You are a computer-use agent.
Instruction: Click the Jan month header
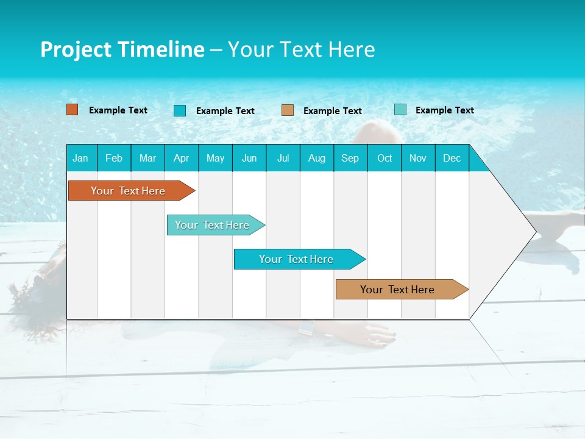pos(80,158)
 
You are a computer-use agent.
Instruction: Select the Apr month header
pos(181,158)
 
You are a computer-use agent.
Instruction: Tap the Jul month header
pos(283,158)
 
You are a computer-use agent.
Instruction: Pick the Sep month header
pos(350,158)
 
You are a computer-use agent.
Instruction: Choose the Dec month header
pos(452,158)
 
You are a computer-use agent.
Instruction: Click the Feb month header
pos(114,158)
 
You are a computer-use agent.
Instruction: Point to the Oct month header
pos(385,158)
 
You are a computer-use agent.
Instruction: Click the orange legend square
pos(73,110)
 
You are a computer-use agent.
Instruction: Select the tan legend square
pos(288,110)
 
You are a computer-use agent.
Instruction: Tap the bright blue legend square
pos(180,110)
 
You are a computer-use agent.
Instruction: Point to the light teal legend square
pos(400,110)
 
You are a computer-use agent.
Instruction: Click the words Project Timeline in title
pos(122,49)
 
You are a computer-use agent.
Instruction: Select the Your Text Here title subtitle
pos(301,49)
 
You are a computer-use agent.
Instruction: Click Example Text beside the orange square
pos(118,110)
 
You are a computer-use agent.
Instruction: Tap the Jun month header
pos(249,158)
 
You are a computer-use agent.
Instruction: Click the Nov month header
pos(418,158)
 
